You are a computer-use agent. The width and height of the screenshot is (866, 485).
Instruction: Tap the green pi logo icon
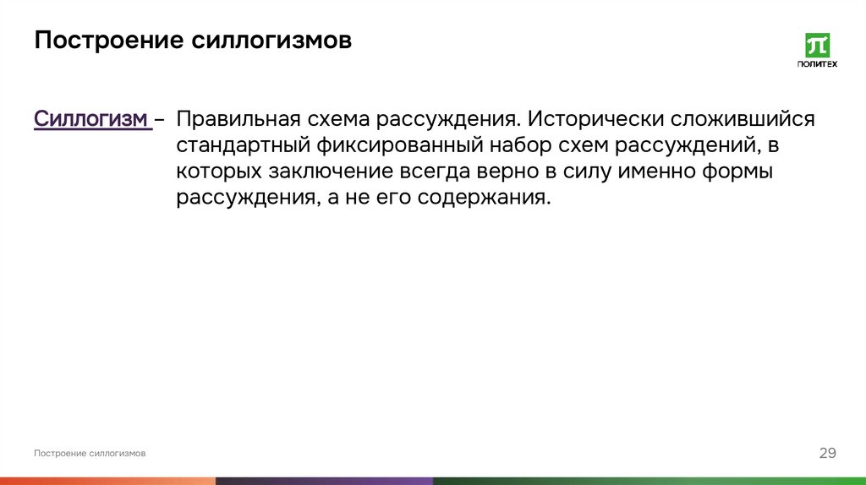point(817,46)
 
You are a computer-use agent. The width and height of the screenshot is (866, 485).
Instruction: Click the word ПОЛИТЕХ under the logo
point(817,64)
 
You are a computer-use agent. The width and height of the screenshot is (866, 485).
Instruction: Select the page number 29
point(827,454)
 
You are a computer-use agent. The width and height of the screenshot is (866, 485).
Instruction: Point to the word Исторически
point(598,119)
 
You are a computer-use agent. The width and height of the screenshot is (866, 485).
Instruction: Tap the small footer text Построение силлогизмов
point(90,454)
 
